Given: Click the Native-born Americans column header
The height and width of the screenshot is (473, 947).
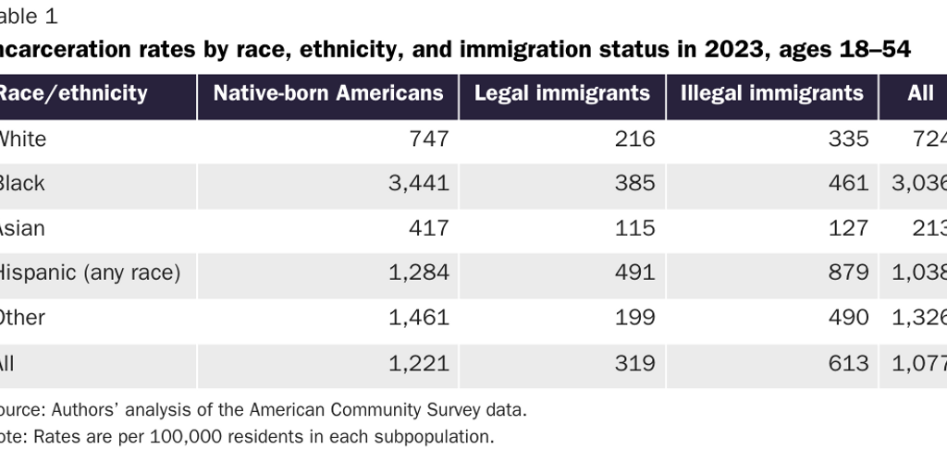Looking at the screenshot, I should (328, 93).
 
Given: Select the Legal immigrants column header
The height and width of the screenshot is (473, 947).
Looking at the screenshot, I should (561, 93).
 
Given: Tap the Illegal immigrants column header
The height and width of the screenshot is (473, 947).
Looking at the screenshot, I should (771, 93).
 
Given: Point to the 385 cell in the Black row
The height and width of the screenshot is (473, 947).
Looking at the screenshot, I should (636, 183).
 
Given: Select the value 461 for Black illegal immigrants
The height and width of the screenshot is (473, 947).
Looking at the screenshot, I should (850, 183).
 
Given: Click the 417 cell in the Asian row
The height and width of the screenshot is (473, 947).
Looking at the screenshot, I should (430, 227).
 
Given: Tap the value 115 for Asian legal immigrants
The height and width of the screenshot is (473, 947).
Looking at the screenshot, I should (636, 227).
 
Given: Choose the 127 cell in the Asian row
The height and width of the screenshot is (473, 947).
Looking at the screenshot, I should (850, 227).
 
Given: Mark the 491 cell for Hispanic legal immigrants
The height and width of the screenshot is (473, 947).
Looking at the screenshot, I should (636, 273).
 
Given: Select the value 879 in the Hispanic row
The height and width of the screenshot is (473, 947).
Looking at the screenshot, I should (850, 273).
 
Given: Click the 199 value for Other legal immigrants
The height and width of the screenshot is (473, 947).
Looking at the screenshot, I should (636, 318).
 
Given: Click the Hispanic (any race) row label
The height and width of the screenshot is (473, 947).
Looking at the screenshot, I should (89, 273).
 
